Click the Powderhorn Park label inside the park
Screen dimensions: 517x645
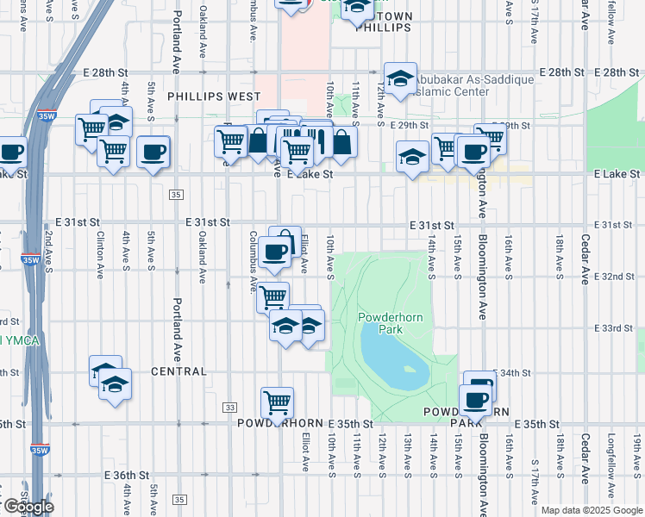tap(379, 323)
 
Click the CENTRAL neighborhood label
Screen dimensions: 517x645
tap(178, 371)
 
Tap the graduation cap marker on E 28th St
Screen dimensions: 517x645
tap(400, 79)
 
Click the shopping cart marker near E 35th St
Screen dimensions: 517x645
tap(277, 402)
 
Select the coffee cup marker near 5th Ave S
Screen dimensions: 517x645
tap(153, 152)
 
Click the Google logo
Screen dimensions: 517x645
tap(28, 506)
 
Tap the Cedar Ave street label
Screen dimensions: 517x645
tap(585, 227)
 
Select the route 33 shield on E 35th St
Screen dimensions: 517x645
tap(229, 407)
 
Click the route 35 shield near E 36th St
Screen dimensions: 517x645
tap(178, 499)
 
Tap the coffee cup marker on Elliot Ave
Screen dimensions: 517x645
tap(274, 252)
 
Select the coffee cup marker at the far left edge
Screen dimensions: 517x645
tap(10, 153)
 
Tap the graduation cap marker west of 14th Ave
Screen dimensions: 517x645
tap(412, 156)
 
